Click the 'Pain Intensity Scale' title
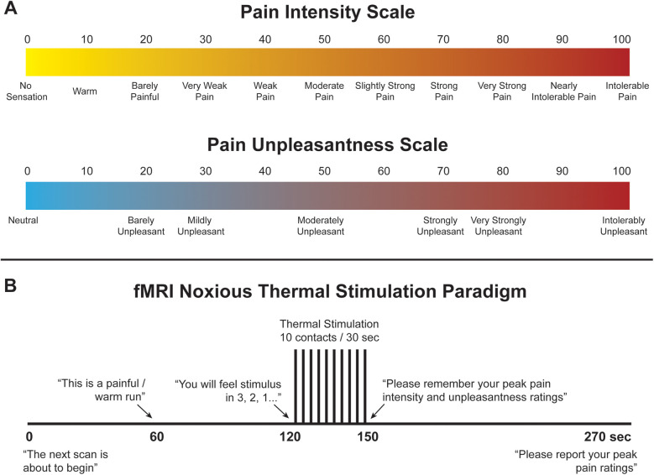click(x=327, y=12)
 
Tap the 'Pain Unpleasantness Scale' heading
click(x=327, y=144)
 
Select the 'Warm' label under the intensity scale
click(x=85, y=91)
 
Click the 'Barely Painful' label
click(x=144, y=91)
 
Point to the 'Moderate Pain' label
click(x=324, y=91)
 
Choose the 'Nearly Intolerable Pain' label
click(x=563, y=91)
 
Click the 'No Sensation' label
click(x=27, y=91)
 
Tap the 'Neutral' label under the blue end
click(x=23, y=220)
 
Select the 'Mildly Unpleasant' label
click(x=201, y=226)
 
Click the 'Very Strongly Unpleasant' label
click(x=499, y=226)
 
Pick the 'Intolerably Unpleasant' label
click(x=624, y=226)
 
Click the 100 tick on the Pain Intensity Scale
click(x=621, y=39)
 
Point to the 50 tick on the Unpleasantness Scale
click(x=324, y=171)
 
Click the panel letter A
click(x=10, y=8)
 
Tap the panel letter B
click(x=10, y=285)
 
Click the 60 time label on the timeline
click(x=156, y=436)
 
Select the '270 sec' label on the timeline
click(x=607, y=436)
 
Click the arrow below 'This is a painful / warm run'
click(x=144, y=411)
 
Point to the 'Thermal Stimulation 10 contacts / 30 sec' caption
click(x=329, y=331)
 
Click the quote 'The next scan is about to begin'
click(x=65, y=461)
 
